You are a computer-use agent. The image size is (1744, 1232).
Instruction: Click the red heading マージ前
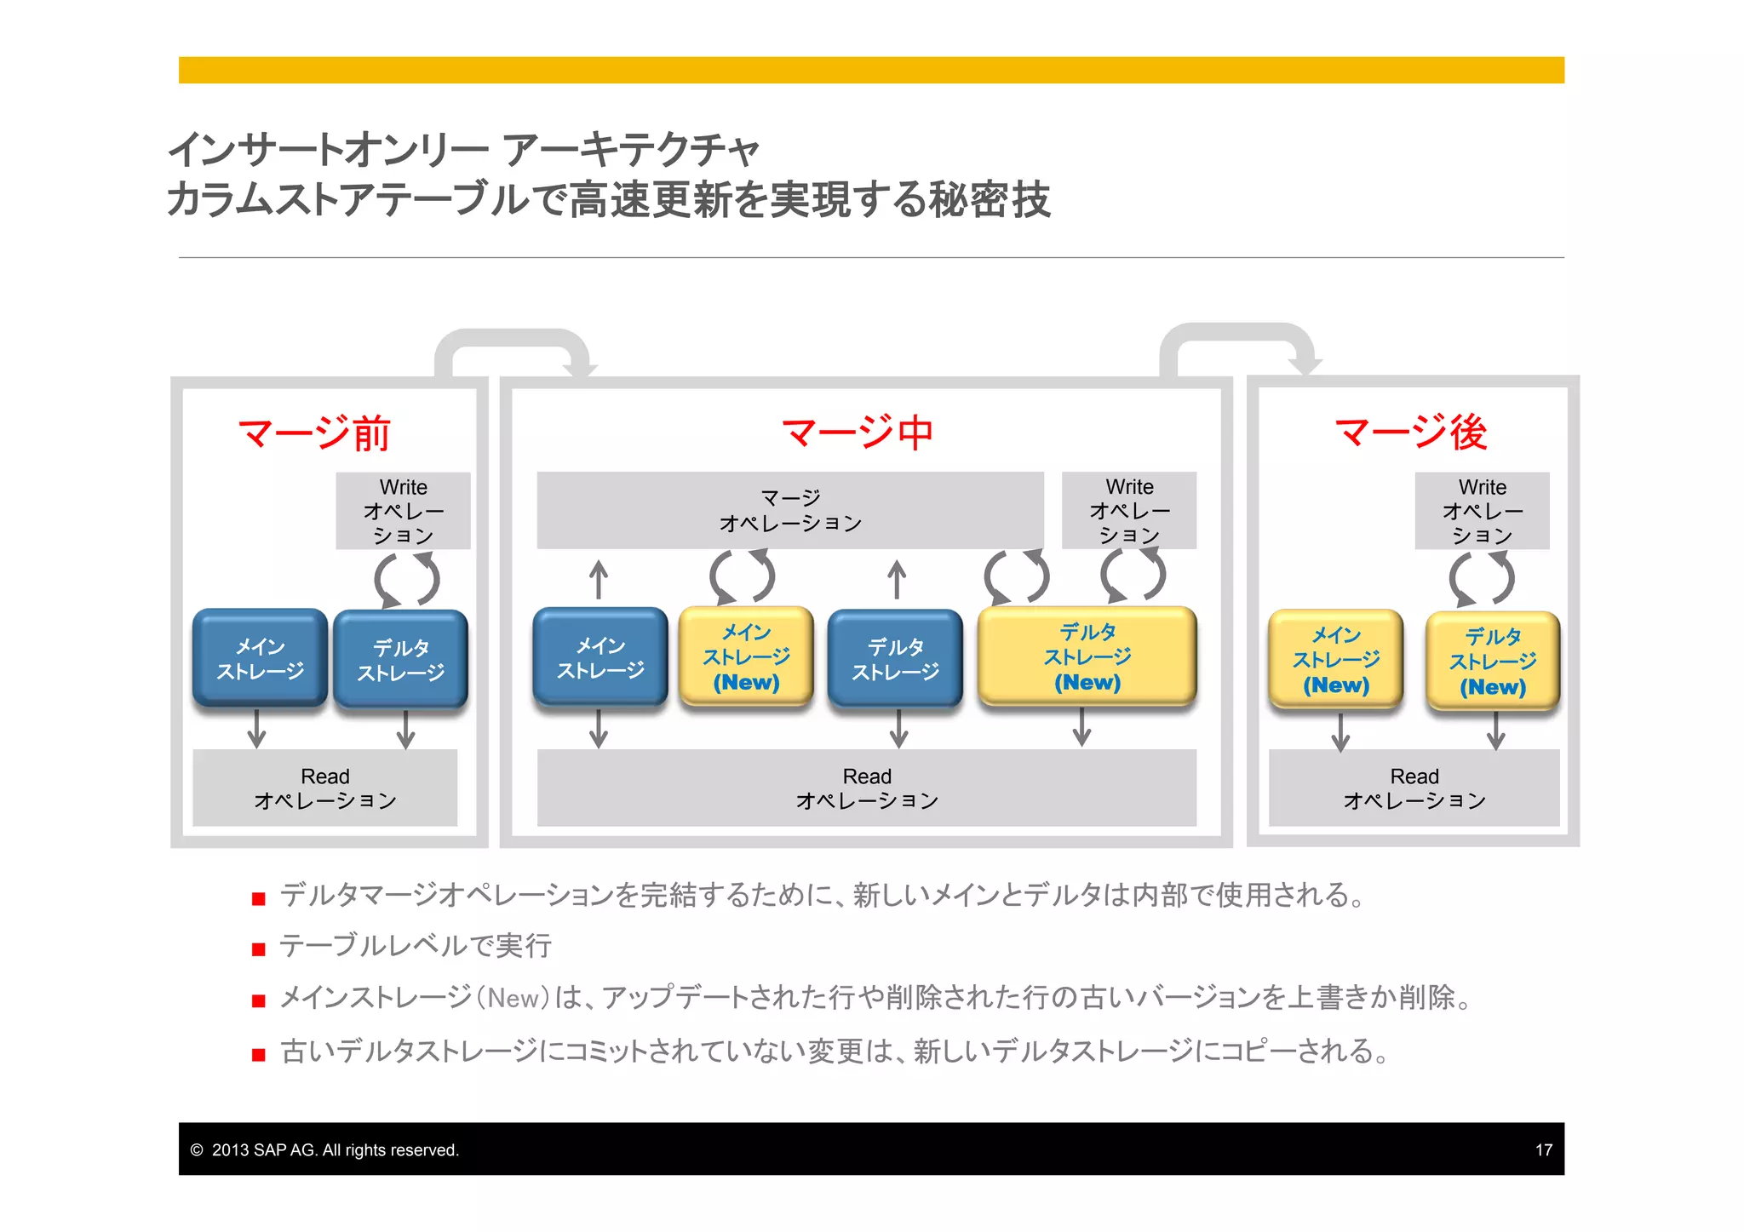tap(313, 433)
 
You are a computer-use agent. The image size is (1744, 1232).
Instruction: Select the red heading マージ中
tap(858, 433)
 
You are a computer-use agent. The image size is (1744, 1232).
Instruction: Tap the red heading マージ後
tap(1410, 433)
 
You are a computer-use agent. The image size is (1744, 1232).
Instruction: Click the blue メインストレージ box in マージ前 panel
tap(260, 658)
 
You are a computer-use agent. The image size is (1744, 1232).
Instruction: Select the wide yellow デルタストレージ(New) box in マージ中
tap(1087, 656)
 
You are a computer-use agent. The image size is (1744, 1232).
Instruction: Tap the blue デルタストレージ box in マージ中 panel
tap(895, 659)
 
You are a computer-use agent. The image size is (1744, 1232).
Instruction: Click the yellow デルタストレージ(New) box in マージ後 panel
tap(1492, 662)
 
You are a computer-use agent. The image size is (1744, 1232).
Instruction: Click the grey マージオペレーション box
tap(789, 510)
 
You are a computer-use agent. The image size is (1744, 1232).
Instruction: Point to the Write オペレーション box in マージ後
tap(1482, 510)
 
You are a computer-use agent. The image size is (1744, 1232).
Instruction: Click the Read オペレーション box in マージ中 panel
tap(866, 788)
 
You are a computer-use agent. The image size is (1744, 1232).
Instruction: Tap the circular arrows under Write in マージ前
tap(407, 580)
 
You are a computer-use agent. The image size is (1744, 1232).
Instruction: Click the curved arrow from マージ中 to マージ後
tap(1239, 336)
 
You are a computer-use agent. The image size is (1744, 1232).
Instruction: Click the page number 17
tap(1543, 1149)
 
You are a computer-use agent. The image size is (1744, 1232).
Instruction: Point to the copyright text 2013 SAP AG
tap(334, 1149)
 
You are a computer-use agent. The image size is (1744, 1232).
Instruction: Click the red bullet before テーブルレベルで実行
tap(259, 949)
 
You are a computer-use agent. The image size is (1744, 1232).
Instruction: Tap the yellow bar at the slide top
tap(870, 70)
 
